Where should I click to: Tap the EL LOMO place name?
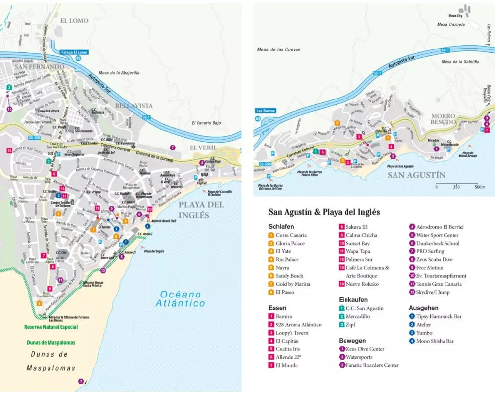pos(74,21)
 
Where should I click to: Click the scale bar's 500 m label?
pos(480,187)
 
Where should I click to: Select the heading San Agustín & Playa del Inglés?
pos(324,212)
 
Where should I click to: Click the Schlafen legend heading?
pos(281,226)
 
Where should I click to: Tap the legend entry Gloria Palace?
pos(290,243)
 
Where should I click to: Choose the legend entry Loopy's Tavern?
pos(292,333)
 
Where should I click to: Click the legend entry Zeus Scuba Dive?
pos(434,259)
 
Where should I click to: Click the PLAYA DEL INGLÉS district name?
pos(201,210)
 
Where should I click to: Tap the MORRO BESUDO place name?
pos(443,119)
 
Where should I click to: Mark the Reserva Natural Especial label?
pos(51,327)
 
